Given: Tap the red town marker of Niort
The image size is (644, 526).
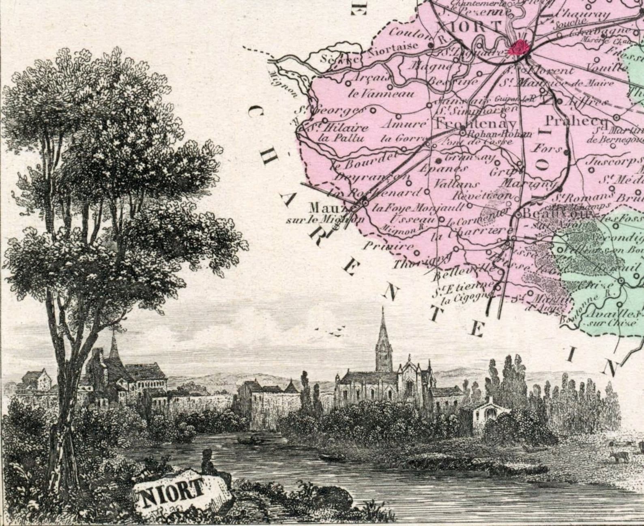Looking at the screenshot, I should [519, 47].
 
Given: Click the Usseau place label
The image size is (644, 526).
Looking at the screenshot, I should [413, 219].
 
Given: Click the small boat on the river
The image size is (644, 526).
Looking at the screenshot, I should [332, 456].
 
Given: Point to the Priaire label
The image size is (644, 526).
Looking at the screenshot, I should [388, 246].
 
